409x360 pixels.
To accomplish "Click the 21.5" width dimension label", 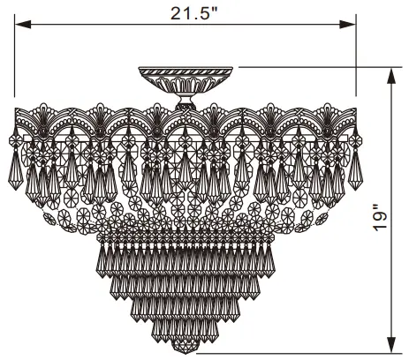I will [186, 13].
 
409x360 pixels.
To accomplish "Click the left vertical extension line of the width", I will [15, 62].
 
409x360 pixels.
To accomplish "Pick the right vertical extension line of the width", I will [356, 62].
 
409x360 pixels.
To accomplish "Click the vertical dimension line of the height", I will [390, 176].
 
